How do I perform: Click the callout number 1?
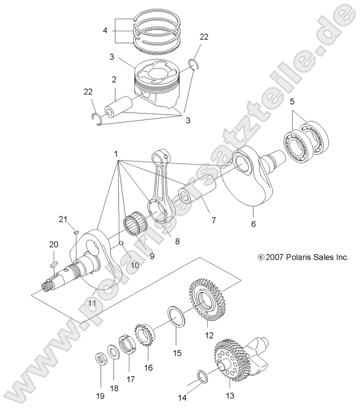116,153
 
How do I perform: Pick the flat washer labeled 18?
113,353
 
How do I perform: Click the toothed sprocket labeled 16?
144,336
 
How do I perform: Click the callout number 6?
253,224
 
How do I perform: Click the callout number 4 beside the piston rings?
105,30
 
